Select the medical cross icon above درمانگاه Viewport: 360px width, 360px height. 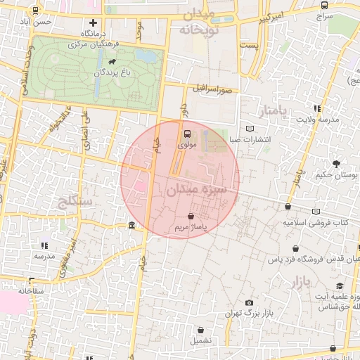click(x=92, y=22)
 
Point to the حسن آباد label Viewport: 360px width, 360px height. click(x=37, y=22)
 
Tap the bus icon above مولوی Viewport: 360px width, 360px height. click(x=187, y=133)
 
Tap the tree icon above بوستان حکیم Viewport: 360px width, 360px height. click(x=336, y=163)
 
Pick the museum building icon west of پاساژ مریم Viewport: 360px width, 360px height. click(x=132, y=225)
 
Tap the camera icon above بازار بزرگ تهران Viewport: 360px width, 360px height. click(x=250, y=303)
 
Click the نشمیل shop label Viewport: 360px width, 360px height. click(x=202, y=340)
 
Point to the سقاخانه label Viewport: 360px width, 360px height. click(x=32, y=290)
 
